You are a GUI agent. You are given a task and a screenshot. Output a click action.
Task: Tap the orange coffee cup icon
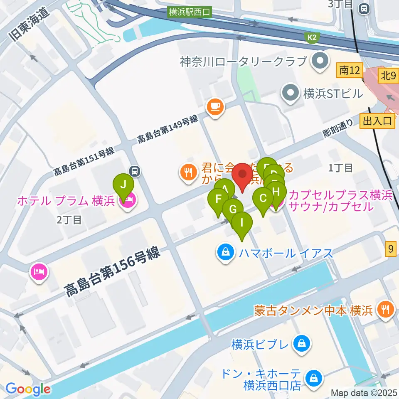point(215,108)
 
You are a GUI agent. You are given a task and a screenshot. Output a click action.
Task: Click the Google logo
point(28,389)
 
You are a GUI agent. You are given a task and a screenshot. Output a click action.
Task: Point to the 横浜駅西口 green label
point(190,12)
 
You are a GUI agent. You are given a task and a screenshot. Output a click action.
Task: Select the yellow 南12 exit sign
point(349,70)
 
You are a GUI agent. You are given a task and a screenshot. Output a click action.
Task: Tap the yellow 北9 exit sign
point(388,75)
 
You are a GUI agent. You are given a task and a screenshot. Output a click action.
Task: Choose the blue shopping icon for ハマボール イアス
point(225,252)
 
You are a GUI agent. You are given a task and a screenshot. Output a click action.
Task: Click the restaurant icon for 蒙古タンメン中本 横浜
point(386,310)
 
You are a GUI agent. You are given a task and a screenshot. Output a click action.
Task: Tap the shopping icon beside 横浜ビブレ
point(300,343)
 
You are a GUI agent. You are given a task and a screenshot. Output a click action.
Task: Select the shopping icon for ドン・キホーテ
point(311,378)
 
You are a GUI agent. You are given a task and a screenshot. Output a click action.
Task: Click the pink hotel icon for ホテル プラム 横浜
point(128,201)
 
